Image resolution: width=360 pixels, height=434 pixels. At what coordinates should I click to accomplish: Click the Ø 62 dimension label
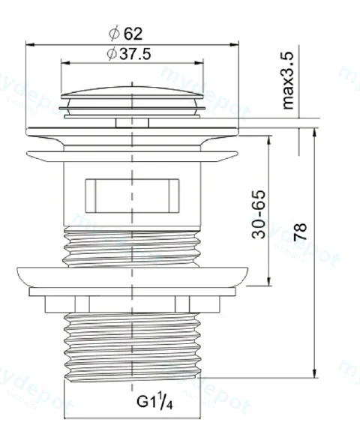tap(125, 34)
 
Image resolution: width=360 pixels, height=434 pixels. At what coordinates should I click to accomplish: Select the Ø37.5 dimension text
tap(129, 54)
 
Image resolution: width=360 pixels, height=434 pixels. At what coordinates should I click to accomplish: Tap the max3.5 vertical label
tap(287, 80)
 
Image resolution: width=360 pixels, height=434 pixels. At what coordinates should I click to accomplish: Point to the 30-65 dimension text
tap(258, 214)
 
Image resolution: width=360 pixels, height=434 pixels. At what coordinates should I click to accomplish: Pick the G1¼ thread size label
tap(154, 401)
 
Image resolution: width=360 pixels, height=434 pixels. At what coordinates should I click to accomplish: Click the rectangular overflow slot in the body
tap(132, 196)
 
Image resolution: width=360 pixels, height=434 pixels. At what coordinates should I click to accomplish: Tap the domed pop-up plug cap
tap(132, 93)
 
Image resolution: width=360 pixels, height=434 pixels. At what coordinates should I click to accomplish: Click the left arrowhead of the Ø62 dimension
tap(30, 44)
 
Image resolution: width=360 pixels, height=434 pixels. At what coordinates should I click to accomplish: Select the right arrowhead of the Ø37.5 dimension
tap(199, 63)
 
